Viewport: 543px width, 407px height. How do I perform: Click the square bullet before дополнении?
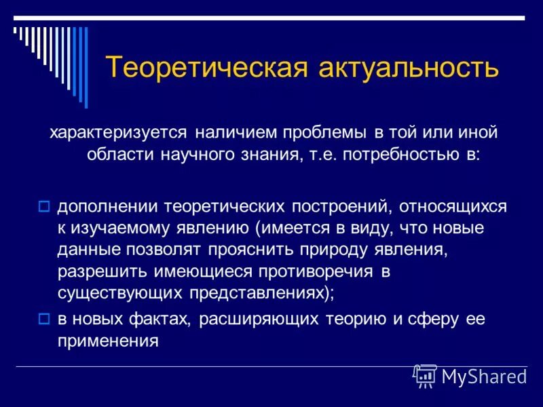click(x=44, y=205)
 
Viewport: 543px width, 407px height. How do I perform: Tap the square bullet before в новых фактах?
click(x=44, y=319)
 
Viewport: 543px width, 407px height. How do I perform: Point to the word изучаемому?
click(x=116, y=227)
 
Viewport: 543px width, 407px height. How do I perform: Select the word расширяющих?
click(x=261, y=319)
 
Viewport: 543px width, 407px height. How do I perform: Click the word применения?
click(x=109, y=341)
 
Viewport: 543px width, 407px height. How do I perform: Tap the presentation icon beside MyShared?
click(x=425, y=375)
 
